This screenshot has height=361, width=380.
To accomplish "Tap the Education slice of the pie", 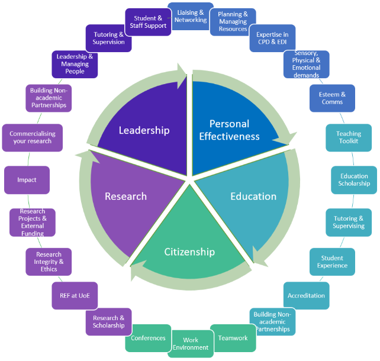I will point(253,196).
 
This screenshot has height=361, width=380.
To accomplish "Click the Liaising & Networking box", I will point(191,16).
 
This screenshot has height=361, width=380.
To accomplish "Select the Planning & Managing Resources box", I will point(233,22).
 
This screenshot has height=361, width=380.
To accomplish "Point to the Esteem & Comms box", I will point(332,98).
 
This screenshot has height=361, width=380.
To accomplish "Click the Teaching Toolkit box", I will point(349,137).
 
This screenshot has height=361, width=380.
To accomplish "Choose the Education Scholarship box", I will point(354,180).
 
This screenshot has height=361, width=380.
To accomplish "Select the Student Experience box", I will point(332,262).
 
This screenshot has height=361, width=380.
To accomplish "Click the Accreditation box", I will point(306,295).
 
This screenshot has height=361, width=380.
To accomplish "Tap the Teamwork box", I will point(233,338).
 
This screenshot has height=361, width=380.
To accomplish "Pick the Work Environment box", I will point(191,344).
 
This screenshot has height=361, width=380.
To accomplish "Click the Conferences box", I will point(148,338).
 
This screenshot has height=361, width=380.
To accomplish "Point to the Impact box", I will point(27,180).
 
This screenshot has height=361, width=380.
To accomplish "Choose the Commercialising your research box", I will point(32,137).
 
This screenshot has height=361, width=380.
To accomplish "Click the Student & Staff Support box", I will point(148,22).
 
